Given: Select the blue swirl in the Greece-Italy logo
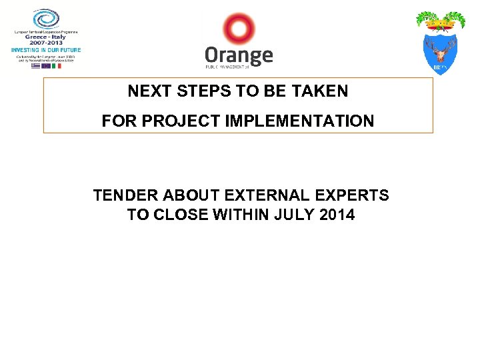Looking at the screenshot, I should pos(46,19).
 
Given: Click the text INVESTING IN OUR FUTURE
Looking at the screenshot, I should pos(46,50).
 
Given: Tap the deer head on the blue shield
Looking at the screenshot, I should pos(439,51).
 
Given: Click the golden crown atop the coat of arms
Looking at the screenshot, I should pos(439,24).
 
